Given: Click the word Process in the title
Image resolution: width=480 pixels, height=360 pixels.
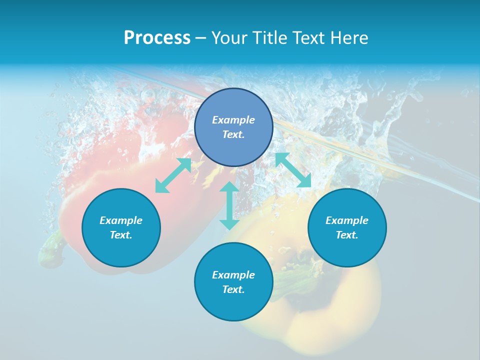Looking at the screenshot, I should [x=157, y=38].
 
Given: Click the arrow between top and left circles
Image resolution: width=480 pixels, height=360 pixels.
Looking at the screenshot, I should [x=173, y=175].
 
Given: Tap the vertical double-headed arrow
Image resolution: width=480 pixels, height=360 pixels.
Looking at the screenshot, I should [x=229, y=205].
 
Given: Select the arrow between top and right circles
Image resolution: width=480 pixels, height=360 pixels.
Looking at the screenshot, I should [x=293, y=170].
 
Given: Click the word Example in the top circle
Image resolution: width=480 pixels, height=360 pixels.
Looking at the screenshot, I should [x=233, y=120].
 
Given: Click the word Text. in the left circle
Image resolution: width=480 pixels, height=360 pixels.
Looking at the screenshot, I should [x=121, y=235].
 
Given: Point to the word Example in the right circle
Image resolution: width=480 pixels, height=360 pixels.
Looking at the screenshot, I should [x=347, y=220].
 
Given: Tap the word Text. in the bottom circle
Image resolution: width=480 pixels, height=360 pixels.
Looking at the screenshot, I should [x=233, y=289].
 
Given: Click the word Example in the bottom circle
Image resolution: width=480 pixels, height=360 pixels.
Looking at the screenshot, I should [x=233, y=275].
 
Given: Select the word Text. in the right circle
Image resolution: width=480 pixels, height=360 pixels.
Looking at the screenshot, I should [x=347, y=235].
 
